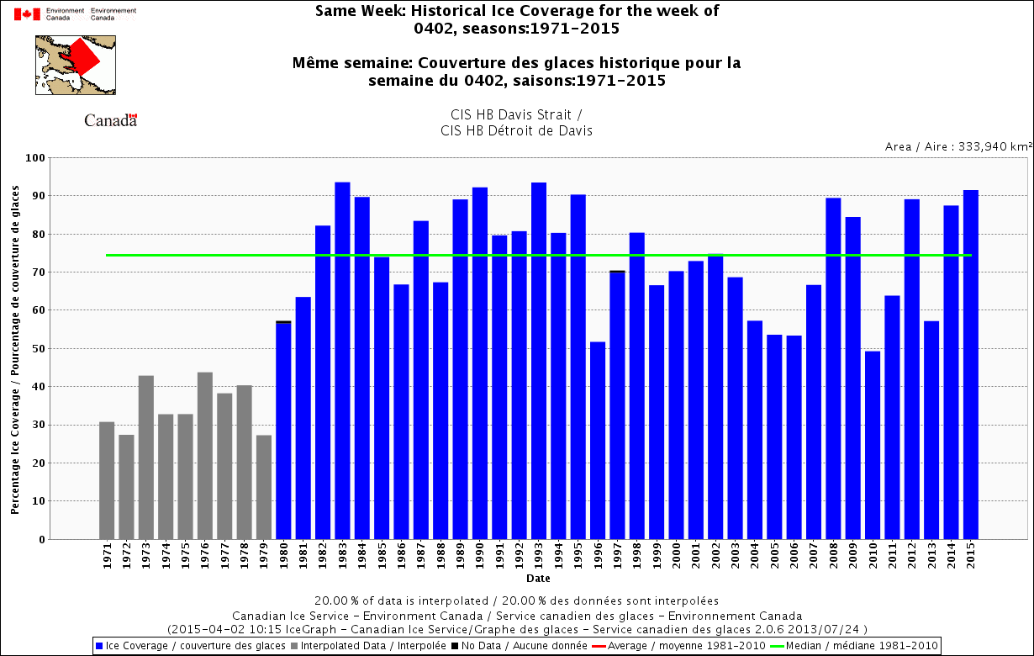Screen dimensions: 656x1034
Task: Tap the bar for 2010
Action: pos(873,445)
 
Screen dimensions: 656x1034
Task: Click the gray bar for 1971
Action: pos(107,480)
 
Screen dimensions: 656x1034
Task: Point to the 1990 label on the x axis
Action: pos(480,558)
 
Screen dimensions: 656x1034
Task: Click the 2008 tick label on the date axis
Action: pos(833,558)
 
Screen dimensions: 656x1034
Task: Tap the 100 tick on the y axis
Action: pos(35,158)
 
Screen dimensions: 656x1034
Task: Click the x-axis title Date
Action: pos(539,579)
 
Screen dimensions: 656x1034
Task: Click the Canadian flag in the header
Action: pos(27,14)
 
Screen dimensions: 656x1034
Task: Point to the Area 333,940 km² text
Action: pos(958,146)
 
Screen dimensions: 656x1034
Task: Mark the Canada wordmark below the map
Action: pos(110,120)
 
